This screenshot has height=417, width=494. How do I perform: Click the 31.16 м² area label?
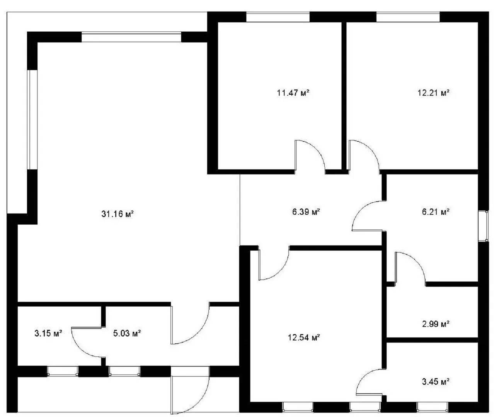pos(118,214)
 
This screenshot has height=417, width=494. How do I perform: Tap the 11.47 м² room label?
pos(293,93)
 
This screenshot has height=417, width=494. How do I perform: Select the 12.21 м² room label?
pos(433,93)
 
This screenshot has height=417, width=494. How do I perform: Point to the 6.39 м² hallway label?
pos(306,212)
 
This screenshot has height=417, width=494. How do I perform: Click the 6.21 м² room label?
pos(436,212)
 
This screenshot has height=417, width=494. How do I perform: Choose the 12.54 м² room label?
pos(304,337)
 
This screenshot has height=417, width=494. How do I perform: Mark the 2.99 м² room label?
pos(436,324)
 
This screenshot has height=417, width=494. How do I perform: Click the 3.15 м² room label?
pos(48,333)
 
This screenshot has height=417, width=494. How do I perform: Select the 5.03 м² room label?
pos(127,333)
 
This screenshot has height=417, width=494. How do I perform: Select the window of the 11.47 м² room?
pos(278,17)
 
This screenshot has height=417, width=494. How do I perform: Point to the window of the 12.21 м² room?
pos(408,17)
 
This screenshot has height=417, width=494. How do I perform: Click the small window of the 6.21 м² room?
pos(483,226)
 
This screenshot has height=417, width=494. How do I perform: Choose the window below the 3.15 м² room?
pos(63,371)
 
